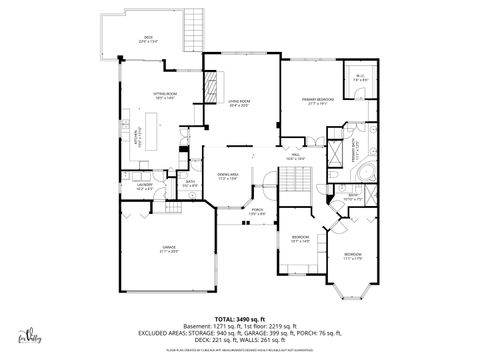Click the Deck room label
tap(147, 40)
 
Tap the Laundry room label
tap(132, 186)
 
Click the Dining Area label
tap(227, 176)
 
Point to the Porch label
tap(257, 211)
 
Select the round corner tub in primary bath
tap(367, 171)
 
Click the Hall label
tap(295, 158)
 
